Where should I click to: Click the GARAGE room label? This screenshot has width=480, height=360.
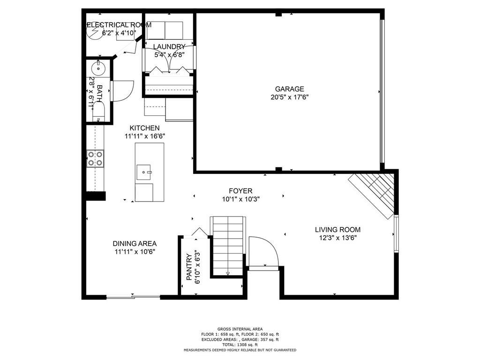click(289, 89)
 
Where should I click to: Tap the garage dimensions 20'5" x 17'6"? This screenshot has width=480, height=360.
click(289, 97)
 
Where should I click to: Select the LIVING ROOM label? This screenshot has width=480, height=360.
click(337, 229)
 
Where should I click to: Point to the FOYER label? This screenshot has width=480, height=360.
click(240, 191)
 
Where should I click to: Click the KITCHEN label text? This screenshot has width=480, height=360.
click(144, 128)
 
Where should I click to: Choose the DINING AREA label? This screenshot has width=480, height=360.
click(135, 243)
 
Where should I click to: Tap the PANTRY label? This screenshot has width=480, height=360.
click(189, 267)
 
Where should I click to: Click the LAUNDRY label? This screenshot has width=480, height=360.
click(169, 46)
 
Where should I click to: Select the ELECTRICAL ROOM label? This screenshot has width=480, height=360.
click(119, 25)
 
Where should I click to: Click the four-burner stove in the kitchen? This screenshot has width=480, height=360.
click(95, 158)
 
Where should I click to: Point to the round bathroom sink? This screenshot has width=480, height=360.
click(99, 67)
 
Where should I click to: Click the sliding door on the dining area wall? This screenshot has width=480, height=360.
click(133, 296)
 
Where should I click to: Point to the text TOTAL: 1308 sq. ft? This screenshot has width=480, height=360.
click(240, 345)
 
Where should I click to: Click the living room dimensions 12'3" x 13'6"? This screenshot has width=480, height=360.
click(337, 238)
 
